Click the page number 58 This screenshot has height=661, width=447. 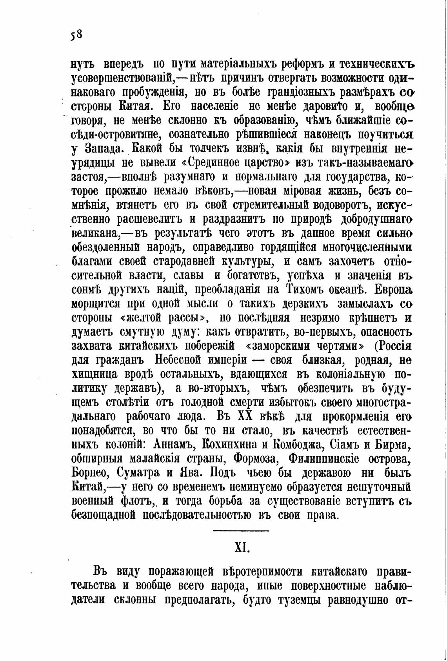click(x=76, y=35)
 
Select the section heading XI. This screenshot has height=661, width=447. click(x=241, y=547)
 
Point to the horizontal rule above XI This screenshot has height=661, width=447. click(x=241, y=531)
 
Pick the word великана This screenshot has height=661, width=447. click(x=95, y=234)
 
